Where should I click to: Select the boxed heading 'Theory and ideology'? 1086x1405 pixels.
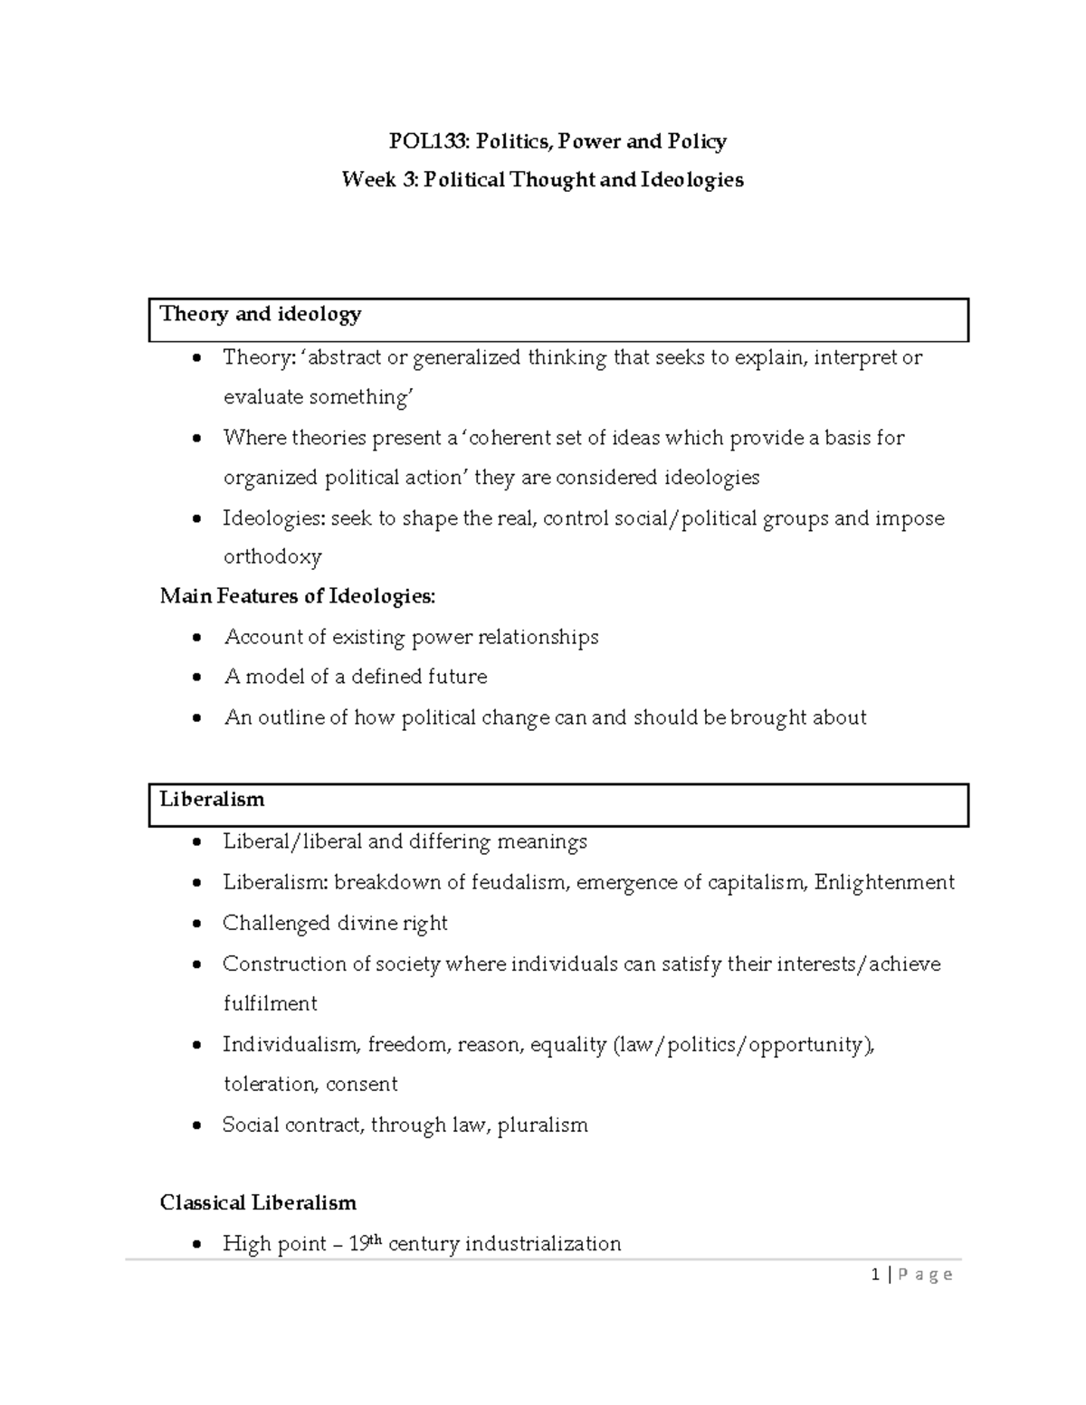(261, 315)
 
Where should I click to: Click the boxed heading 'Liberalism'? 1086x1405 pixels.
(212, 800)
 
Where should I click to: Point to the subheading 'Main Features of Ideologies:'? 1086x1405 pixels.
(297, 597)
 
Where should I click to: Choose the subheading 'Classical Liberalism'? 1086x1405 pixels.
(258, 1203)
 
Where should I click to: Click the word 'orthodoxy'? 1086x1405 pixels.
(272, 557)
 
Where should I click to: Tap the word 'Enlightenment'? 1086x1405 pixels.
(884, 883)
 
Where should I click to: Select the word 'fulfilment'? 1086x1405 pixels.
(270, 1004)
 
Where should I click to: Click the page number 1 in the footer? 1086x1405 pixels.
(875, 1275)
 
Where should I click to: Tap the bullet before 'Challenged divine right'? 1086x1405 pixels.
(197, 925)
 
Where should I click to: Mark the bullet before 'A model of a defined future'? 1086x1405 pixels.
(197, 679)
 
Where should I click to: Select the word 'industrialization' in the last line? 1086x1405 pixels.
(543, 1245)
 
